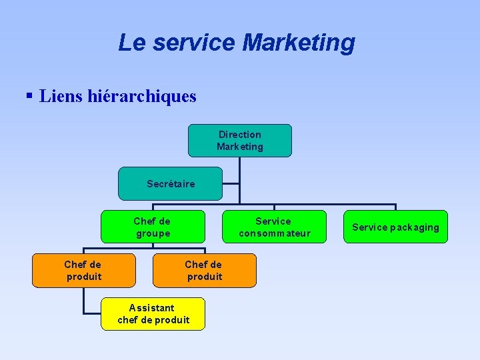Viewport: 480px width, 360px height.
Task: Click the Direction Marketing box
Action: coord(239,141)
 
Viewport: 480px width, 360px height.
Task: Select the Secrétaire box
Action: coord(170,183)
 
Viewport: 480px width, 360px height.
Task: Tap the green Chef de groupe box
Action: coord(153,227)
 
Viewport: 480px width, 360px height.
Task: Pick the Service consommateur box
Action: coord(274,227)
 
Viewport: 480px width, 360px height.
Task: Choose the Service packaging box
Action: coord(395,227)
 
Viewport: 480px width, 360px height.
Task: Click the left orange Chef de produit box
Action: coord(83,270)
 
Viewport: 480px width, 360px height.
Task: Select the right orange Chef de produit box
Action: coord(204,270)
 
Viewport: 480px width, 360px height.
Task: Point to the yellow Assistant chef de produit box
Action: coord(153,313)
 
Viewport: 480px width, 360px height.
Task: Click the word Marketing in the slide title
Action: coord(299,43)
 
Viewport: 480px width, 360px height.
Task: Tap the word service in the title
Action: coord(193,43)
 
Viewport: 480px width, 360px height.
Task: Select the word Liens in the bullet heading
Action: coord(61,97)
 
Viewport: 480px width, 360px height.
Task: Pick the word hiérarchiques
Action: coord(142,97)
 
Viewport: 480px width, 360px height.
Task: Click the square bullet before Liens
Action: coord(29,96)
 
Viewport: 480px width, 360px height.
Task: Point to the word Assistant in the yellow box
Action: coord(152,308)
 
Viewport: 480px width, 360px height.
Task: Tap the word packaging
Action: coord(415,227)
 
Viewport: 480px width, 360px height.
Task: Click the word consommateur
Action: coord(275,233)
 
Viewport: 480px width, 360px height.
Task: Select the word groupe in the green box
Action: coord(153,233)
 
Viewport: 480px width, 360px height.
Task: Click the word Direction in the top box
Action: coord(240,135)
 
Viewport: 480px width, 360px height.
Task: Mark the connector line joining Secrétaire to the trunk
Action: coord(231,183)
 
